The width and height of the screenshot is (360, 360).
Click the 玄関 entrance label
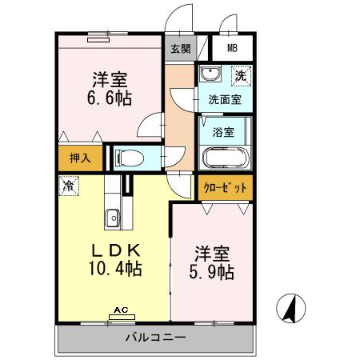(179, 47)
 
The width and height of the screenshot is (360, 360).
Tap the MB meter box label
(232, 47)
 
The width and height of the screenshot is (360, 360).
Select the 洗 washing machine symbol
(239, 77)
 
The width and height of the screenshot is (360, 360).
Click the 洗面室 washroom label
(224, 100)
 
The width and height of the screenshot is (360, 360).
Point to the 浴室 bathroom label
(223, 131)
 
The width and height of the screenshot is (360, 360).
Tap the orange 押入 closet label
(79, 158)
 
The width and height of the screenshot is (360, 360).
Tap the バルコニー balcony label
(155, 337)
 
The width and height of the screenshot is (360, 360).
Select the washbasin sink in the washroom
(210, 77)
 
